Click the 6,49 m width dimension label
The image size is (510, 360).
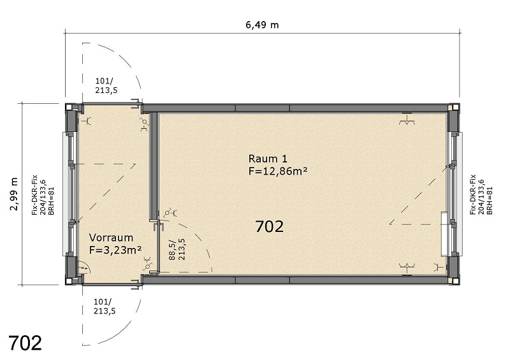(x=262, y=25)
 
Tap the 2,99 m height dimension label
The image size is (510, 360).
(x=14, y=194)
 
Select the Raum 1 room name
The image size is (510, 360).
(x=268, y=159)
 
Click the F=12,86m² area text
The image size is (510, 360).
(x=278, y=171)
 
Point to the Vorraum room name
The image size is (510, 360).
(x=111, y=238)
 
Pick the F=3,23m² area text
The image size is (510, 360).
(x=115, y=250)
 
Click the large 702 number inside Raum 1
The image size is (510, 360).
(x=269, y=226)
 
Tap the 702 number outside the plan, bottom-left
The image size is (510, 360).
(x=25, y=343)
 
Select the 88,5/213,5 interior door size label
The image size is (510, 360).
(x=177, y=249)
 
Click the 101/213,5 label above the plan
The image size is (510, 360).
(x=106, y=85)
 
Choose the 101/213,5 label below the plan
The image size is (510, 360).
(x=105, y=306)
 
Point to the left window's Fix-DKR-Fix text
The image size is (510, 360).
(x=34, y=195)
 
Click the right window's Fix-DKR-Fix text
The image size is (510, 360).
(x=473, y=194)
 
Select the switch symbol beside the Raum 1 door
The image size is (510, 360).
(x=170, y=213)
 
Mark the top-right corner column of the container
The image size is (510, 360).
(x=454, y=108)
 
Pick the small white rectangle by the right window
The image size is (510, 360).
(x=444, y=234)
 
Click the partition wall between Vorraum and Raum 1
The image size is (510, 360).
(x=153, y=166)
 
